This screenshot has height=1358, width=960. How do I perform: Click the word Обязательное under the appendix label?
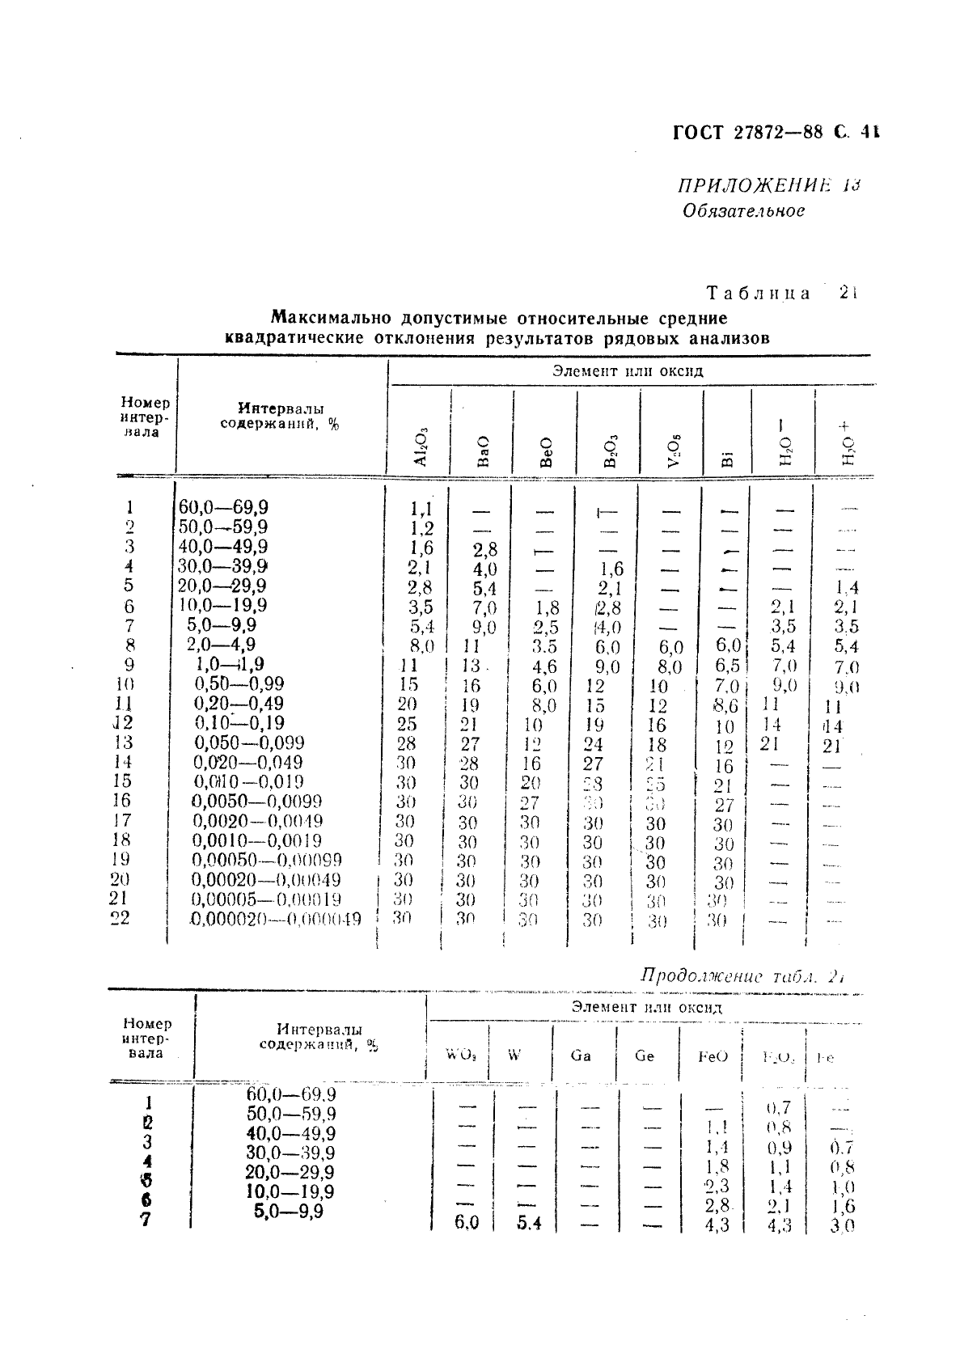pos(743,211)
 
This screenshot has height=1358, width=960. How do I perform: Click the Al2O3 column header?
pos(420,446)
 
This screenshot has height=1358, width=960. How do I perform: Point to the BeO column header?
pos(546,451)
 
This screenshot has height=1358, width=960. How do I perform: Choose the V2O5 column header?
pos(672,451)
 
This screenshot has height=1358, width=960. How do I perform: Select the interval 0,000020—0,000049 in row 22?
pos(276,919)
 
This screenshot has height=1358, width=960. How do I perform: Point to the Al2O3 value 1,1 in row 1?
pos(421,509)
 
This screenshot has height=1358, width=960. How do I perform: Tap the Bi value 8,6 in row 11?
pos(725,705)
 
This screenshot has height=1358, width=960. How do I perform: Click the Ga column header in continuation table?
pos(581,1056)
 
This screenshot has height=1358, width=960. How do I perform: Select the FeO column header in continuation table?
pos(713,1056)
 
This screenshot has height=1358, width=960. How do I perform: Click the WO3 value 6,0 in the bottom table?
pos(466,1223)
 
